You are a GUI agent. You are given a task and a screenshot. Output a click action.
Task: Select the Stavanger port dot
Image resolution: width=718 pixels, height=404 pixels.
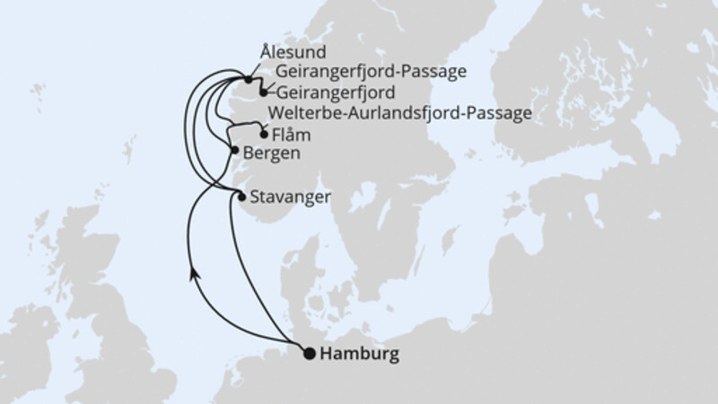click(x=241, y=195)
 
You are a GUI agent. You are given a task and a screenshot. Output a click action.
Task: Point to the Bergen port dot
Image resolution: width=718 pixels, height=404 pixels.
click(x=234, y=150)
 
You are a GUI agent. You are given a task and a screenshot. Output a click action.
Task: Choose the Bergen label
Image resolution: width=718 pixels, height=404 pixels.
click(x=270, y=154)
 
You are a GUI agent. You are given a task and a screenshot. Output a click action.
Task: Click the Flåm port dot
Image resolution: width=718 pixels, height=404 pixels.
click(x=263, y=134)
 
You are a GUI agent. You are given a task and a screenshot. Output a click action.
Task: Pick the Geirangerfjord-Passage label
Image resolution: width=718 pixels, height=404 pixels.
click(x=373, y=72)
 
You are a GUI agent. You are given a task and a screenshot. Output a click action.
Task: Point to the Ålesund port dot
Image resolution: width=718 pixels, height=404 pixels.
click(x=247, y=80)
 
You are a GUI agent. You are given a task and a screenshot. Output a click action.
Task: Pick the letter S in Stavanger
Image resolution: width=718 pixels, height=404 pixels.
click(x=258, y=196)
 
